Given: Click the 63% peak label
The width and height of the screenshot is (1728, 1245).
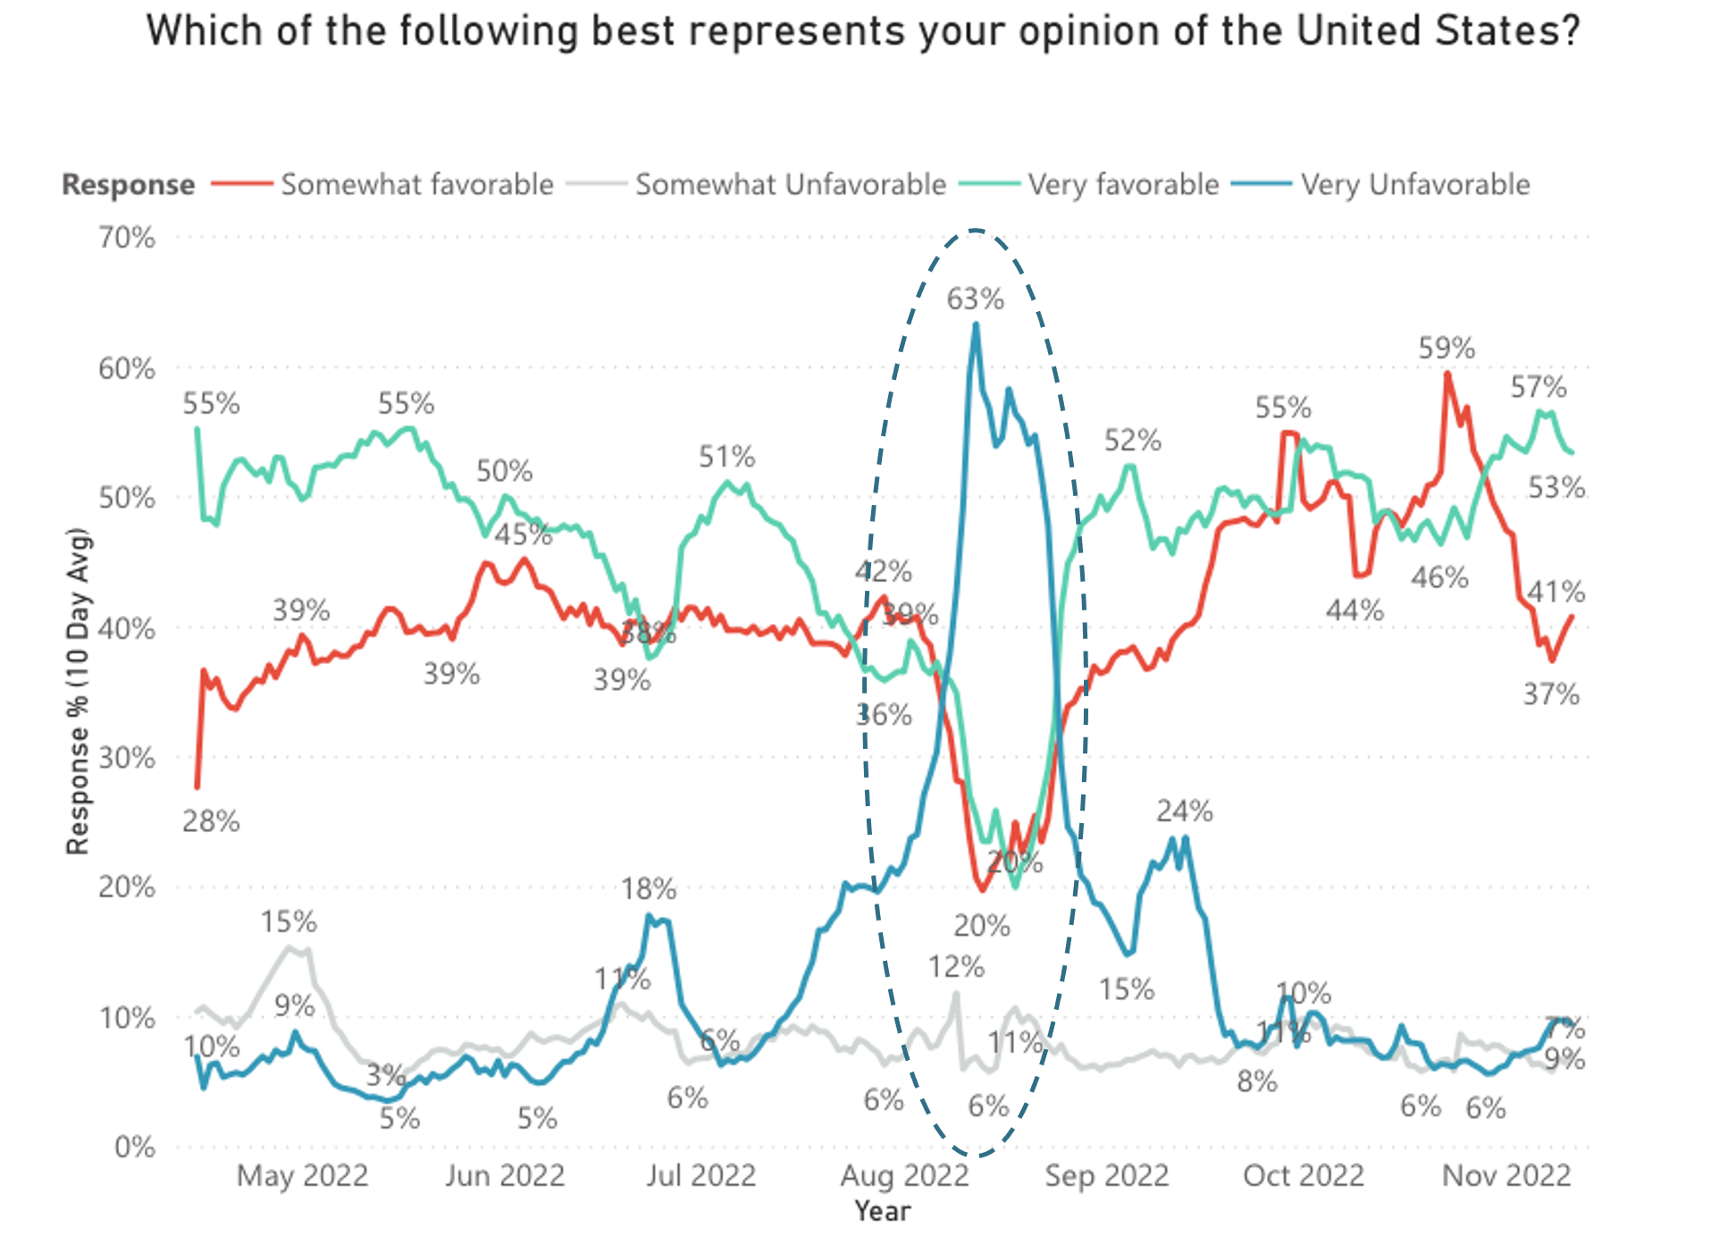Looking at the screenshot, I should [x=975, y=299].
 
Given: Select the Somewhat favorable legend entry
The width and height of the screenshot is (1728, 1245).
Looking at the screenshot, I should [x=417, y=184].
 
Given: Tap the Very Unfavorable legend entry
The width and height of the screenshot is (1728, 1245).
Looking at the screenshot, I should [x=1414, y=184].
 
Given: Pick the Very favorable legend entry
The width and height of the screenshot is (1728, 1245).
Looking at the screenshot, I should [x=1123, y=184].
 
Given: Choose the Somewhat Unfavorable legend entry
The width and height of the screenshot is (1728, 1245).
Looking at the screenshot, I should [x=790, y=184].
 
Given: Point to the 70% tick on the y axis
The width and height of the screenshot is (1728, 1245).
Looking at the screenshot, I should [x=127, y=238].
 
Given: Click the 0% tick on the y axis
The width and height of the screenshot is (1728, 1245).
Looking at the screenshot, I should [x=135, y=1147].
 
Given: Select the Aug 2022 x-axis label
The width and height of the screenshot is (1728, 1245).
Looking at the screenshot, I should [x=904, y=1175].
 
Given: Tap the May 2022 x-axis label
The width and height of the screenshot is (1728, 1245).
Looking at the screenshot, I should [x=302, y=1175].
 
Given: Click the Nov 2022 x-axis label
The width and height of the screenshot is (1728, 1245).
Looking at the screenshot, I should [x=1506, y=1175].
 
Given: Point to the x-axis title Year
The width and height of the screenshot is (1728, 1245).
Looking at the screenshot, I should [x=883, y=1211].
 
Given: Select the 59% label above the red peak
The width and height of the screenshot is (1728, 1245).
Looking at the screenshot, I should [x=1447, y=348].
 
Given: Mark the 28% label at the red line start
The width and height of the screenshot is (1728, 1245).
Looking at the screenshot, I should [x=211, y=820].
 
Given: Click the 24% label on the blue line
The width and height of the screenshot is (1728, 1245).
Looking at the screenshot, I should [x=1184, y=811].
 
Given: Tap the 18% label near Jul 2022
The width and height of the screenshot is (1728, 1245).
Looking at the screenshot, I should [x=649, y=888].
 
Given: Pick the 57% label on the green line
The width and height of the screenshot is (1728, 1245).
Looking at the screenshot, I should [x=1538, y=387].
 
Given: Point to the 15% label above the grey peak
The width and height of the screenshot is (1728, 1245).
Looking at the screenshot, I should [x=289, y=921].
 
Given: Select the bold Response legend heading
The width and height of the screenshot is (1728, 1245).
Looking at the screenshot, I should [x=128, y=184].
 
